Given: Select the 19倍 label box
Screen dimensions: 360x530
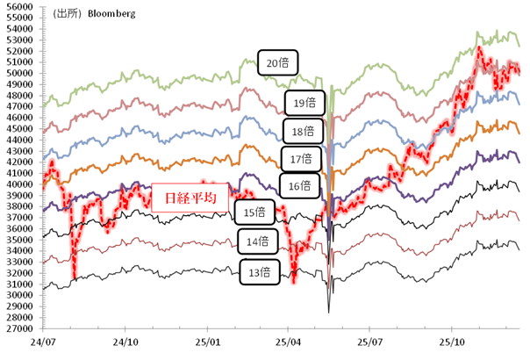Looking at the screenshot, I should [304, 103].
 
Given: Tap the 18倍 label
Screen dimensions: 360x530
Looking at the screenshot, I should [304, 133].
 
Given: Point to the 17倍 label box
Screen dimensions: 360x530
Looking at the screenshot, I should [300, 159].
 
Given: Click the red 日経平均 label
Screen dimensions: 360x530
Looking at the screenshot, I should [190, 198].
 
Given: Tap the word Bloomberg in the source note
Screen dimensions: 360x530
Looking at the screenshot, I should [110, 15].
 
